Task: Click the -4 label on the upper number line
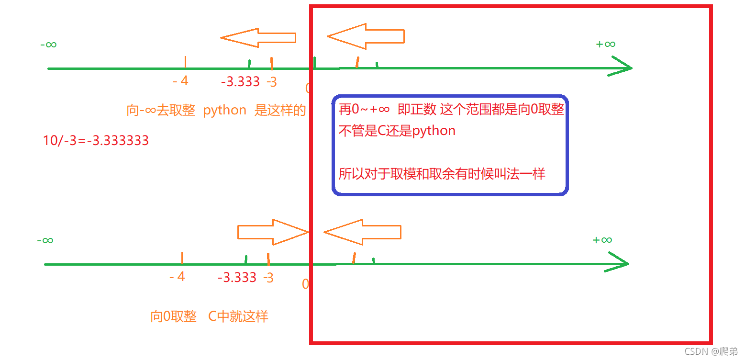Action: pos(181,81)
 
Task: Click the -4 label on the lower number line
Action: pos(178,277)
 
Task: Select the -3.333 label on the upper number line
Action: pos(241,82)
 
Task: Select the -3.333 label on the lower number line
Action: pos(237,277)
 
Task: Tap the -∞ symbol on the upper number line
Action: pos(48,45)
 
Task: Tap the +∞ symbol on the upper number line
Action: pos(605,44)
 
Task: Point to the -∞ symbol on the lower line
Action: pos(45,240)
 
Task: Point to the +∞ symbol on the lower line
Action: pos(602,240)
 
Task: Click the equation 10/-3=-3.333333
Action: pos(96,141)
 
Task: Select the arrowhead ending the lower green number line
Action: pos(617,264)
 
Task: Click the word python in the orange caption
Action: pos(224,110)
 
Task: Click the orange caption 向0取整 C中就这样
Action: pos(209,316)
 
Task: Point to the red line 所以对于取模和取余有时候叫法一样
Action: pos(442,173)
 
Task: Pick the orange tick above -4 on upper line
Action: pos(185,62)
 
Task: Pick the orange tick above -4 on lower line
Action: pos(182,258)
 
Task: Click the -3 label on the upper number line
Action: pos(271,82)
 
